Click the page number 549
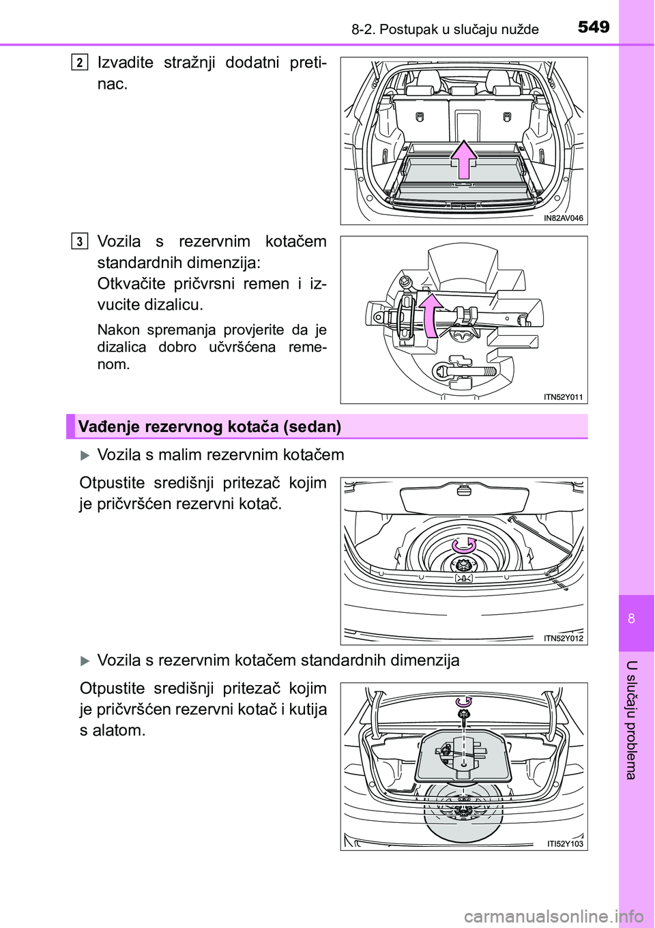594,27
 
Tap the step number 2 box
80,63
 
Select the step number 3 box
80,242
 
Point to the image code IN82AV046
563,218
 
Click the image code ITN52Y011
563,397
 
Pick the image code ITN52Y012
563,639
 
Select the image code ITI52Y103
564,844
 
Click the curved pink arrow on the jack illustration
428,315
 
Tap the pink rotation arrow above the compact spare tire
464,545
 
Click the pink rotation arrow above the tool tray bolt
463,701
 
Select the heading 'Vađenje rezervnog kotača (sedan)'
209,427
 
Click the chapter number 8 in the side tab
632,618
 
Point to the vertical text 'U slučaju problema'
632,720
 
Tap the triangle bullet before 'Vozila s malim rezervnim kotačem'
85,455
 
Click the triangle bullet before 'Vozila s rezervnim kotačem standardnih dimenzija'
85,661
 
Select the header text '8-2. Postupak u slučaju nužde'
445,29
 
